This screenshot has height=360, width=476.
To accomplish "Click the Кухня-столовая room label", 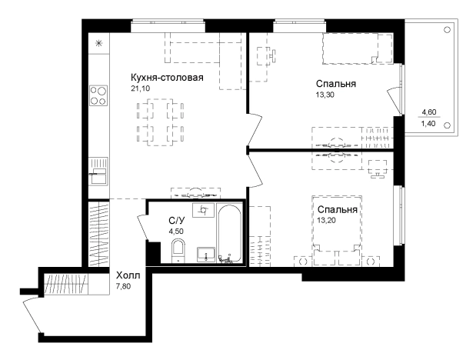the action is (167, 78).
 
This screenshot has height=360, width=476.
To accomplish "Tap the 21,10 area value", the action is (141, 88).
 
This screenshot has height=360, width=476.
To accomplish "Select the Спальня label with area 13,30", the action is (336, 84).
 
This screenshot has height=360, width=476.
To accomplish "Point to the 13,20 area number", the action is (326, 220).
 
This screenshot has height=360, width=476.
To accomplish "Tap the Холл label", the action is (128, 275).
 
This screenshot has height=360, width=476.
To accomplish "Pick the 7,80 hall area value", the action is (124, 286).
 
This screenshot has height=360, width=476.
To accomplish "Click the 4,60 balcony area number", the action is (429, 112).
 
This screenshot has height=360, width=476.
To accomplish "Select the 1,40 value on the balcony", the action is (428, 123).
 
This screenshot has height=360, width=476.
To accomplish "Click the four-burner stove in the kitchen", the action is (98, 95).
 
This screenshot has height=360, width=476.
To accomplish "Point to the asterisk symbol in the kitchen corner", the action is (98, 43).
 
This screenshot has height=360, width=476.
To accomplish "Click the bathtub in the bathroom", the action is (229, 233).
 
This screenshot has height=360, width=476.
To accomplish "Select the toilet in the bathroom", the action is (178, 251).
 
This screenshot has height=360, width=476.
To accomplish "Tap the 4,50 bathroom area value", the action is (176, 232).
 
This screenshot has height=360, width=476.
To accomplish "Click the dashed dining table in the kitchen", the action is (160, 122).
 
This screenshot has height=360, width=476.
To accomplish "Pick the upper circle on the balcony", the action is (447, 30).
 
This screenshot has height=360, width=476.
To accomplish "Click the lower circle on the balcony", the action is (447, 125).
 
